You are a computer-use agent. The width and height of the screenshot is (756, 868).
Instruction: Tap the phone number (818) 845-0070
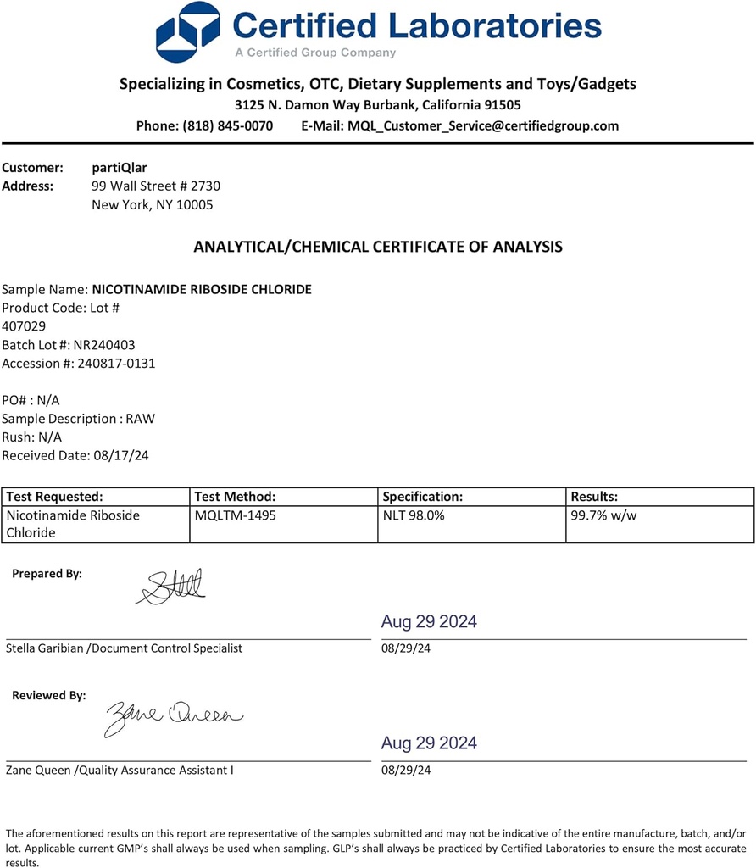[227, 125]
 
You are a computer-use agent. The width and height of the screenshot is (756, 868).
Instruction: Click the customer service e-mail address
[483, 125]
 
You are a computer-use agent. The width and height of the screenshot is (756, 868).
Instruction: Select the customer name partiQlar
[119, 168]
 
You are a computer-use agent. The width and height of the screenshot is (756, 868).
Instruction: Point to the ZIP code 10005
[195, 204]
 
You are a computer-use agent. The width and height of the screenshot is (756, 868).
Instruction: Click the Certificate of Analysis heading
[378, 247]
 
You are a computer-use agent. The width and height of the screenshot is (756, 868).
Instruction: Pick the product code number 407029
[25, 325]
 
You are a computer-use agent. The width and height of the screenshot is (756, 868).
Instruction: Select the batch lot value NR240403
[104, 345]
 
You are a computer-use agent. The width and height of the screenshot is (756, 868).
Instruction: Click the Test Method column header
[236, 497]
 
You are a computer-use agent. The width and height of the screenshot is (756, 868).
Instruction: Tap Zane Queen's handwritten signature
[174, 717]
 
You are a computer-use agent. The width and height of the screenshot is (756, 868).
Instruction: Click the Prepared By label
[47, 574]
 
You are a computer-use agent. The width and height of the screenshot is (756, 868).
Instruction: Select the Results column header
[595, 497]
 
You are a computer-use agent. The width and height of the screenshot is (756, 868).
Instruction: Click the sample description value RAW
[141, 419]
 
